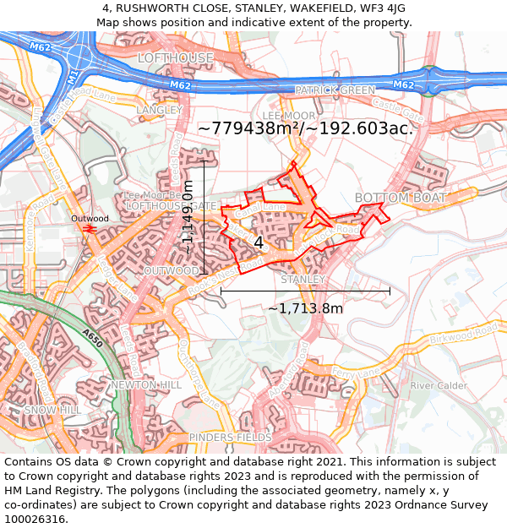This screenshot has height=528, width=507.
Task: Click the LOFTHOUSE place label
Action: click(176, 57)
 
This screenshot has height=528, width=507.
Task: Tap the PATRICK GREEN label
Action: click(335, 90)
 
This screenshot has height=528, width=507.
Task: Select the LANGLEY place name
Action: click(159, 110)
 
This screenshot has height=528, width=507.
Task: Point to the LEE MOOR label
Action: click(288, 115)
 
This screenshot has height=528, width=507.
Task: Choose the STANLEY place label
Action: click(303, 279)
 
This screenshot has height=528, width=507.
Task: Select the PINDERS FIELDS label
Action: click(230, 438)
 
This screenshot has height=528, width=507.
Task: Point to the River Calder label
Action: click(439, 386)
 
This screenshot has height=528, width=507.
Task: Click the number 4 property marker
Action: click(259, 242)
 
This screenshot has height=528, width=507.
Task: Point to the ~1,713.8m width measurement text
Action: click(305, 308)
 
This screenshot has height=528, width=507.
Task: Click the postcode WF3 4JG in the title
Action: click(380, 8)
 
